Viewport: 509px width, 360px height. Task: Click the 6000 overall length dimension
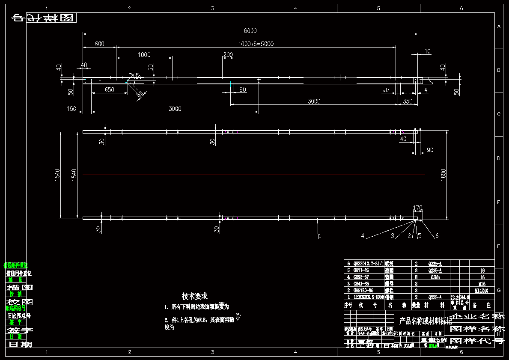[250, 30]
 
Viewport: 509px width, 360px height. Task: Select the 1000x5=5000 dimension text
[256, 44]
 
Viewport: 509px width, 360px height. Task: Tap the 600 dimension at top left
[99, 44]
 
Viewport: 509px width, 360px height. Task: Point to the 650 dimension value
[109, 90]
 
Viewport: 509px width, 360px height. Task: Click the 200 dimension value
[228, 55]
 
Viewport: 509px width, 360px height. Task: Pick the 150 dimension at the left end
[71, 109]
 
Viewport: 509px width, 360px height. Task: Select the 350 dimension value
[408, 101]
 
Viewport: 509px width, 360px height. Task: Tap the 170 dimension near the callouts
[417, 208]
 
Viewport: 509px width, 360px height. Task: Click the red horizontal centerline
[253, 175]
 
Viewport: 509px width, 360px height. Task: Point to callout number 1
[320, 236]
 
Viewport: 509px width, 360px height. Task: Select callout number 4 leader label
[362, 236]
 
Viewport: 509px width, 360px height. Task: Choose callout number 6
[437, 236]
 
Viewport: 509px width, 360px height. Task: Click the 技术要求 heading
[195, 296]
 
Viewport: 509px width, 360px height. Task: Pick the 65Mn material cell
[435, 277]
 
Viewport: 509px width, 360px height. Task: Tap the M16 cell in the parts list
[482, 284]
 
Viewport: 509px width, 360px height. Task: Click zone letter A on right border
[499, 27]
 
